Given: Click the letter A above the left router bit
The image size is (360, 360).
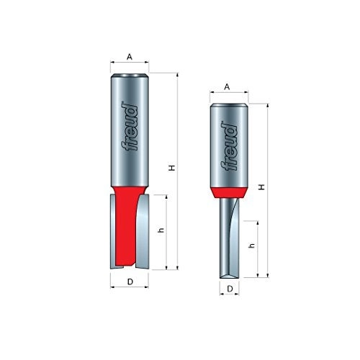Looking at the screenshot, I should coord(129,55).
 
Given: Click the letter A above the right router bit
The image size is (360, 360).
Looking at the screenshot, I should coord(227,86).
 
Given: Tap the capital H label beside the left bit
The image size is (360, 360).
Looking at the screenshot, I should coord(172,168).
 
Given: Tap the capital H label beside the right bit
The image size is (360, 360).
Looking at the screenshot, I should coord(262,186).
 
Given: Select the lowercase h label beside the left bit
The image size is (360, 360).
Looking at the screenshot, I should coord(160,231).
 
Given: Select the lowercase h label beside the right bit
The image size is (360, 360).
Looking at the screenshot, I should coord(251,246).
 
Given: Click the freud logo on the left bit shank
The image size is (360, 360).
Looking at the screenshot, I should coord(130,129).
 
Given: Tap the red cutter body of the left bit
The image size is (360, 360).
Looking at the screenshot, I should coord(130,223).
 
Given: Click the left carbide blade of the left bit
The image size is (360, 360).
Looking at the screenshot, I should coord(114,230).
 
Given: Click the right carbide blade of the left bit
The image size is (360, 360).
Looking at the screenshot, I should coord(145,230).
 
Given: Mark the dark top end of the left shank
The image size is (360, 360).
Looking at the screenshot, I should coord(130,74).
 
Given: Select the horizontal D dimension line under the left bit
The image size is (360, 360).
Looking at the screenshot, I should coord(130,275).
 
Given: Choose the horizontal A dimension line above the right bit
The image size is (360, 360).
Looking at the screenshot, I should coord(228,94).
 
